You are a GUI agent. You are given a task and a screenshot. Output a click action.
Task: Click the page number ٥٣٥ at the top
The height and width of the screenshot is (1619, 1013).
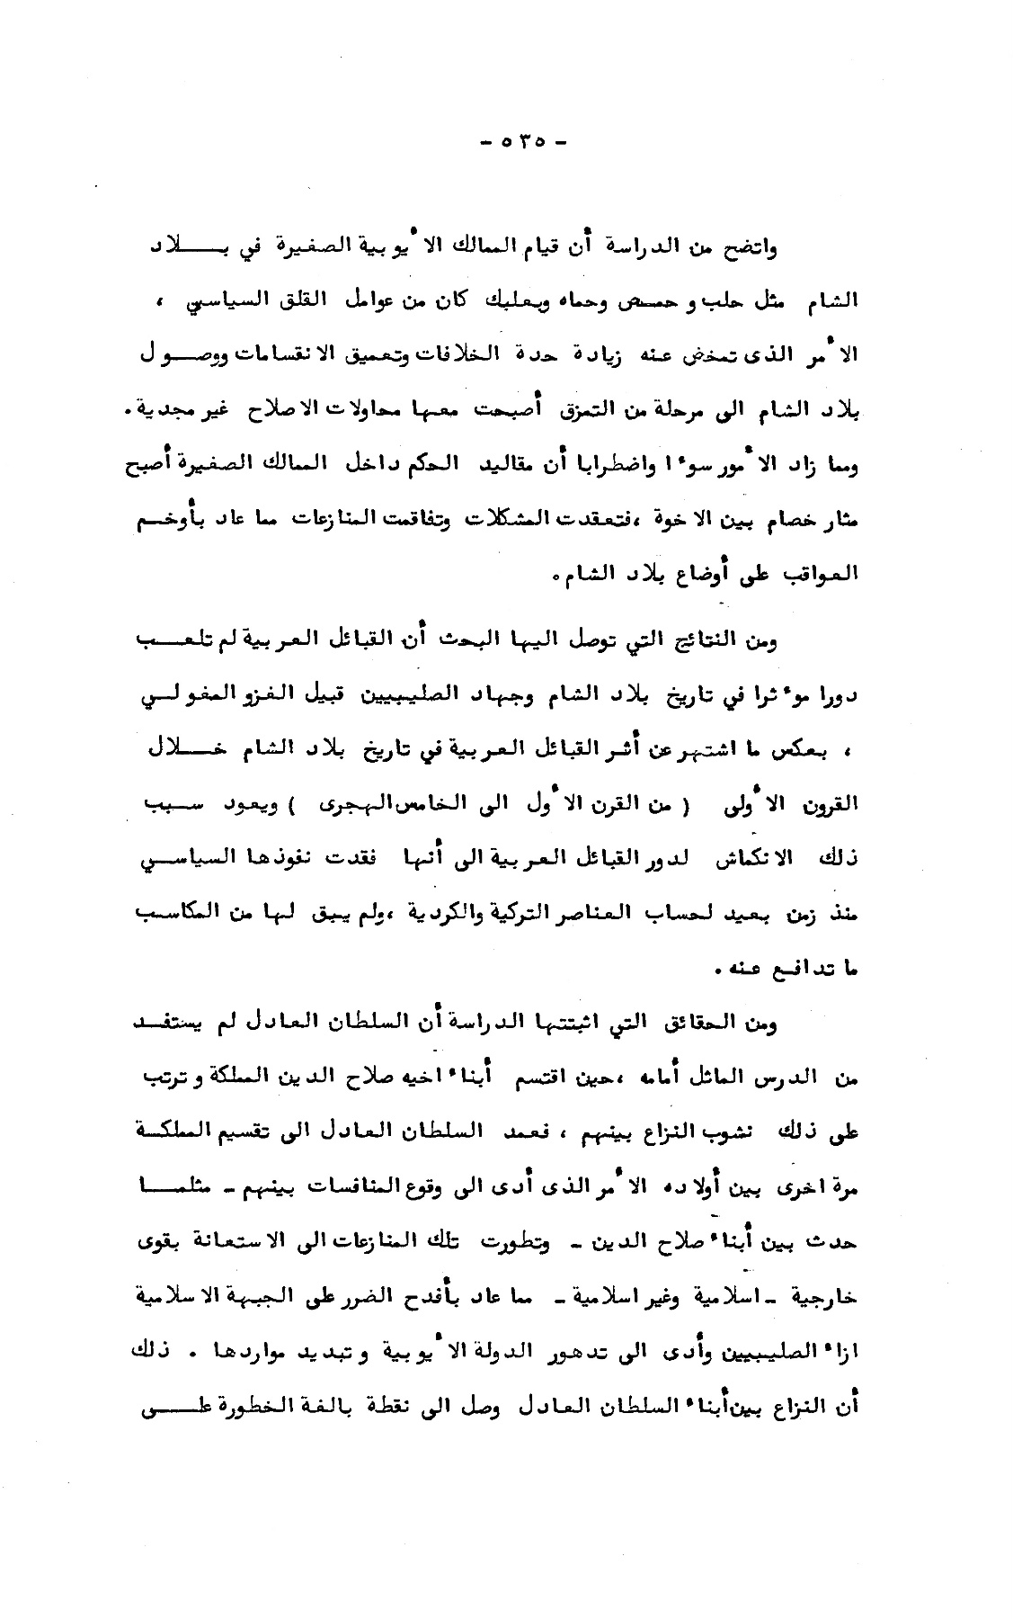point(520,140)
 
